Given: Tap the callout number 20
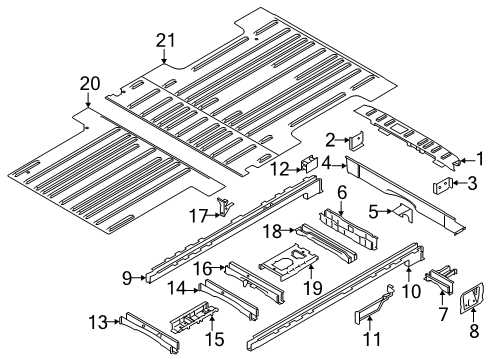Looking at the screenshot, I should [89, 83].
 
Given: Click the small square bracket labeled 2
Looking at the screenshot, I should [354, 144].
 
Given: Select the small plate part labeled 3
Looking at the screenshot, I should [440, 184].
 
